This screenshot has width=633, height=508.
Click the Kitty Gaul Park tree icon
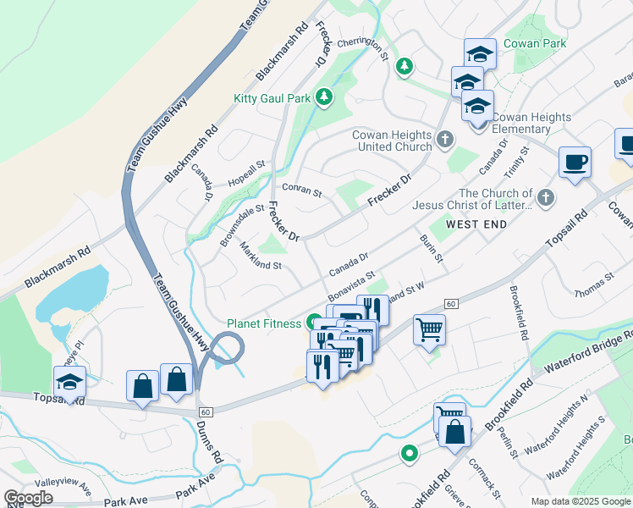[323, 97]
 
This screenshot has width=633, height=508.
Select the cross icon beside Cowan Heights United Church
[445, 138]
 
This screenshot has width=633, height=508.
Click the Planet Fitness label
[263, 323]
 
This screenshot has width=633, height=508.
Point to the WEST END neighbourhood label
[476, 224]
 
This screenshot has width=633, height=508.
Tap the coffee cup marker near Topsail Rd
[575, 162]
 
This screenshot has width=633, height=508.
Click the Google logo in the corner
[29, 498]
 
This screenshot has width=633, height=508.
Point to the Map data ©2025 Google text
[581, 501]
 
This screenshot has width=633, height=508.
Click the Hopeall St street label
[246, 174]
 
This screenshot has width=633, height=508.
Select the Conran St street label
[302, 192]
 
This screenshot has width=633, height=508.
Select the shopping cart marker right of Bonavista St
[430, 329]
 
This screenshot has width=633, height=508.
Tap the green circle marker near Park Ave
[409, 455]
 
